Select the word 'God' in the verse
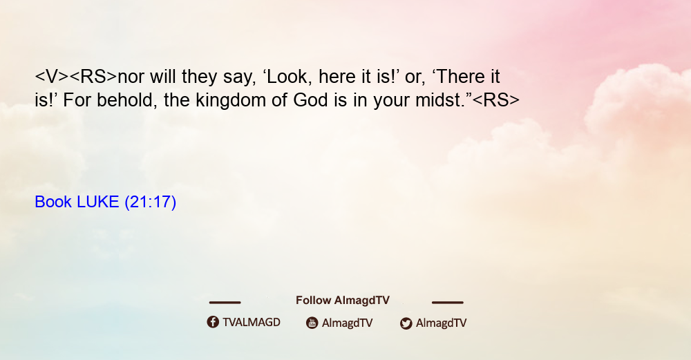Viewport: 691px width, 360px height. coord(311,100)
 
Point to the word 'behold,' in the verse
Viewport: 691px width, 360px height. coord(127,100)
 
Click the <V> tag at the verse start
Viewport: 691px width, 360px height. coord(52,77)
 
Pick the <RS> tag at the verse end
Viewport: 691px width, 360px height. coord(495,100)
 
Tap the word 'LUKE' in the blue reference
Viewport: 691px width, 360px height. coord(98,202)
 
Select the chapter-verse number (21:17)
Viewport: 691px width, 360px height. coord(150,202)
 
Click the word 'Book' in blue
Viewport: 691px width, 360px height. coord(53,202)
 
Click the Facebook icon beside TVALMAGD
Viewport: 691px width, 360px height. coord(213,322)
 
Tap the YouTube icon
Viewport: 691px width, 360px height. coord(312,323)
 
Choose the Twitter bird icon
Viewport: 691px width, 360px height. coord(406,323)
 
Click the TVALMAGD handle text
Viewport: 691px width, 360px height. coord(252,323)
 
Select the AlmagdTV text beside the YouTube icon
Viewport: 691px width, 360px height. coord(348,323)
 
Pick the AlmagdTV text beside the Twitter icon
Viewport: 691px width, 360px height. coord(441,323)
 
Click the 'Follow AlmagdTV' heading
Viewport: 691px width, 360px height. coord(343,301)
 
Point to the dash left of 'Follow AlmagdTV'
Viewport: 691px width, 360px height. coord(225,302)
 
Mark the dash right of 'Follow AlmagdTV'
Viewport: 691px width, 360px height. coord(448,302)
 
